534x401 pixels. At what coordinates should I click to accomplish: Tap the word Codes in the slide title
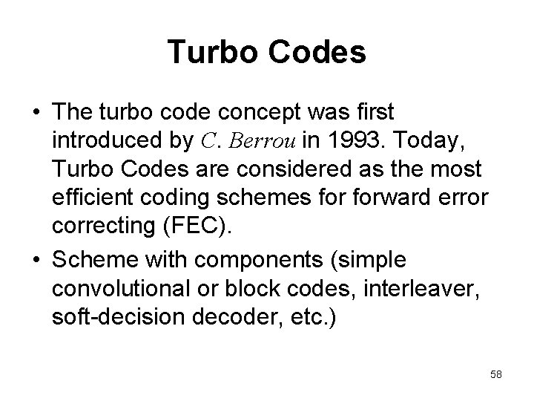[317, 53]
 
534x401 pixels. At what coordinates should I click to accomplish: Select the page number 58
[495, 374]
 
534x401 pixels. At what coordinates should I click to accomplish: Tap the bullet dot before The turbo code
[36, 114]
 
